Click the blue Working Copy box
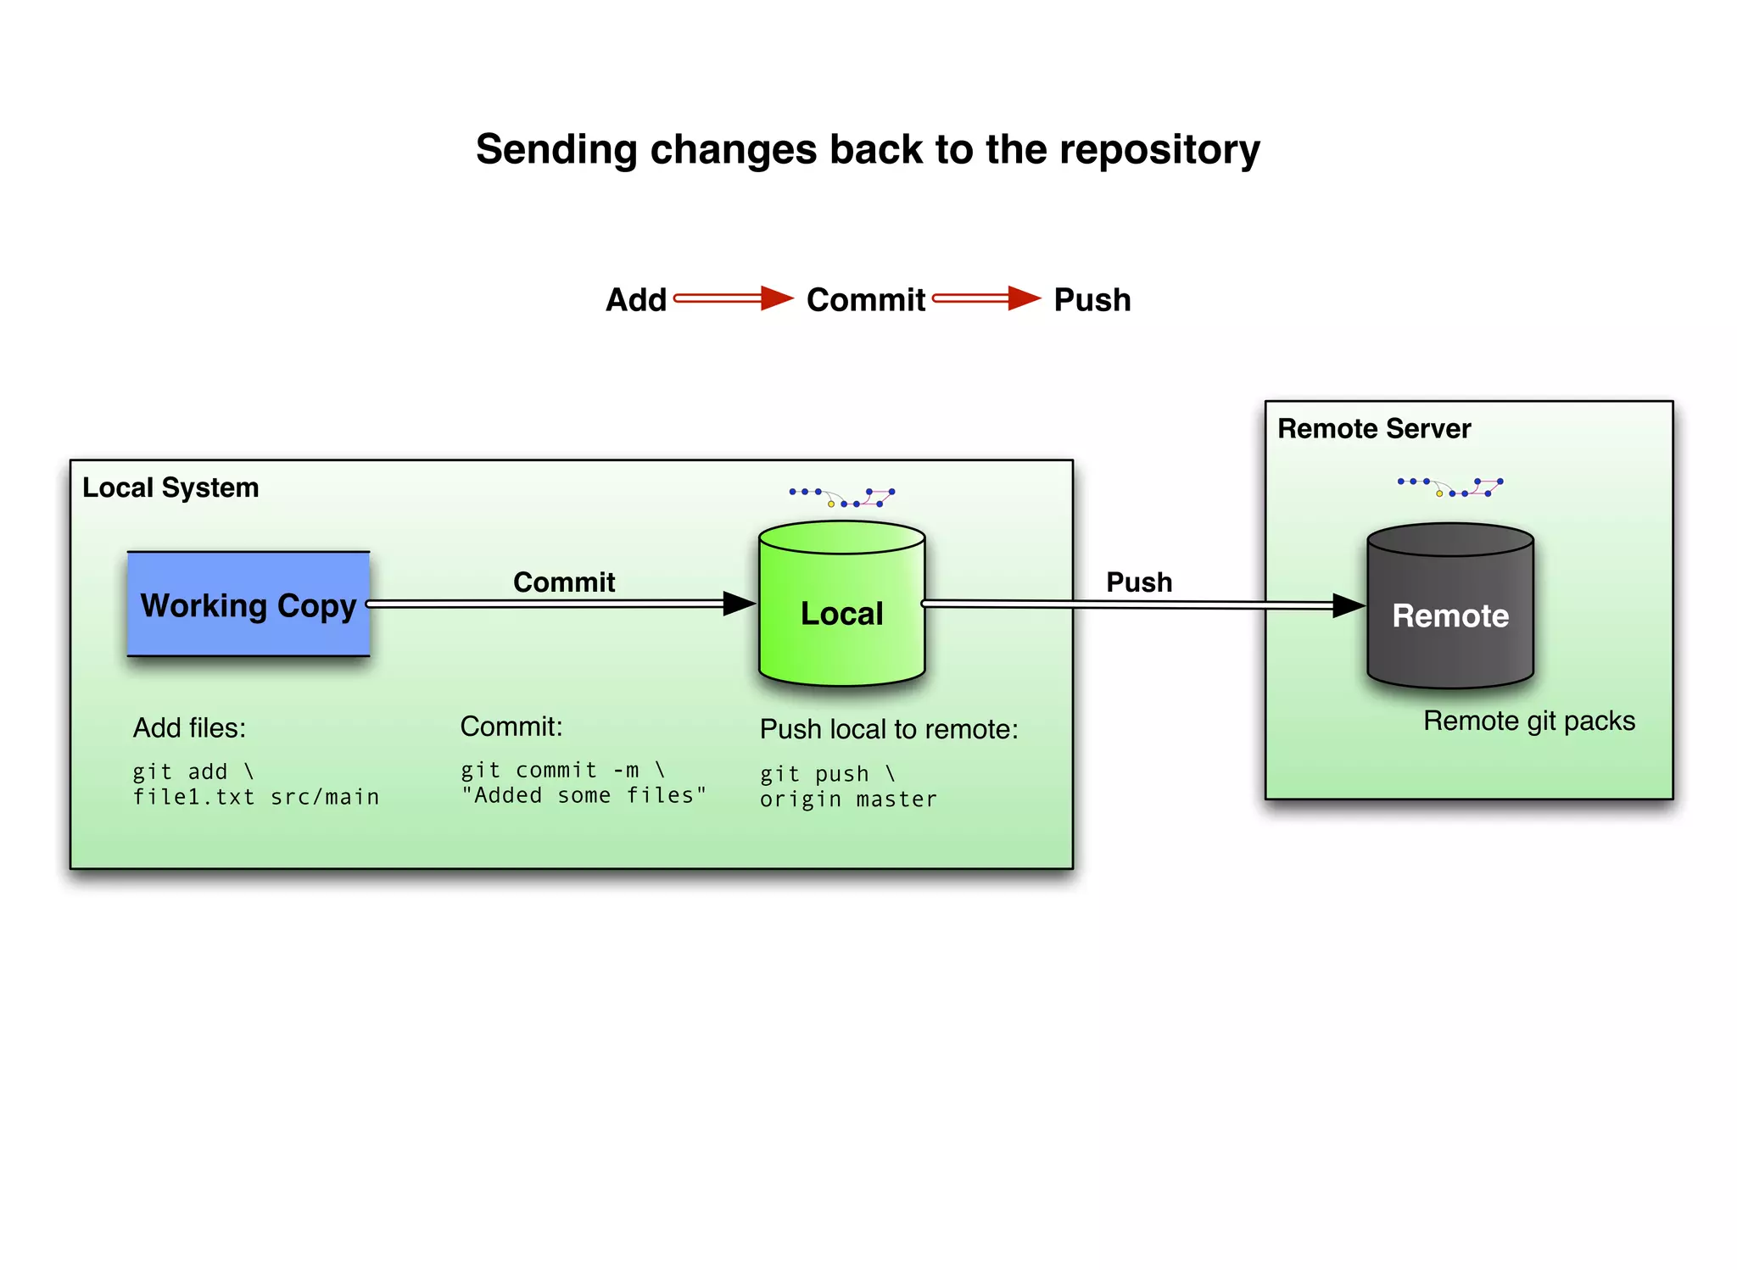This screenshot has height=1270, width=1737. (x=248, y=604)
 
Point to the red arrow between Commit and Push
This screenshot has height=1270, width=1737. (x=986, y=298)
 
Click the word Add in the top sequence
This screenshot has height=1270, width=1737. (x=635, y=300)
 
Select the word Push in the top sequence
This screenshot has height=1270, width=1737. (x=1092, y=300)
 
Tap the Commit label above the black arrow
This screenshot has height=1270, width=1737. (x=564, y=582)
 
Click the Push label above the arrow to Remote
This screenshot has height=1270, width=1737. (x=1138, y=582)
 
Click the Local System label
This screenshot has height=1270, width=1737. (x=170, y=487)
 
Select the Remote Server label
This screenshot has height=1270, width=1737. (x=1373, y=429)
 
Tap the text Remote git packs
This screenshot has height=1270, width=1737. (x=1528, y=721)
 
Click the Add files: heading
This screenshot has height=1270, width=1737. (x=189, y=727)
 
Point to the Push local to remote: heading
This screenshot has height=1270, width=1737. (x=888, y=729)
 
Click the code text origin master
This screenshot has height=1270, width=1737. (x=848, y=799)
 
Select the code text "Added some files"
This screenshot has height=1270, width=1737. (x=584, y=795)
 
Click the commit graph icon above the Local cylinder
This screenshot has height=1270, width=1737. (x=841, y=497)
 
